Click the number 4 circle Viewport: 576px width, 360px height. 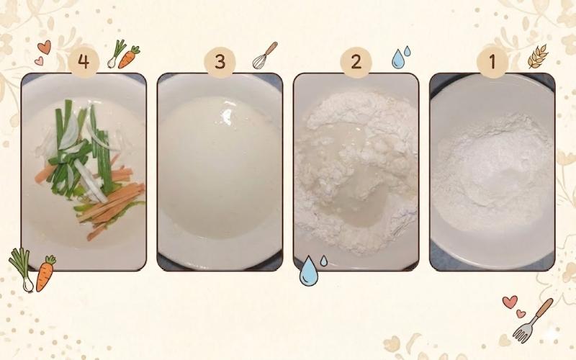click(x=84, y=62)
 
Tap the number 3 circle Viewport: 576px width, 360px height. click(x=220, y=62)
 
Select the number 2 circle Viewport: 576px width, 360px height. click(x=356, y=62)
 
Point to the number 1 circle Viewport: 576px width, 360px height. click(x=492, y=62)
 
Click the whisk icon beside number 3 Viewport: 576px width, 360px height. click(x=264, y=55)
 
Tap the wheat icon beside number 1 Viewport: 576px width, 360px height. click(x=538, y=56)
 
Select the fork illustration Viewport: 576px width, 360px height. click(x=533, y=320)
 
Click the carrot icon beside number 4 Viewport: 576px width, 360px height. click(x=129, y=58)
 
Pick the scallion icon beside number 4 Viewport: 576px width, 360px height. click(x=116, y=53)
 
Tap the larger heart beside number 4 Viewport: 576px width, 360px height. click(x=44, y=48)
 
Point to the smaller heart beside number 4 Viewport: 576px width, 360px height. click(x=39, y=61)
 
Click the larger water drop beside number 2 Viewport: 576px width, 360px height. click(x=397, y=59)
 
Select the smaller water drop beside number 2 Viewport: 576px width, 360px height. click(x=407, y=51)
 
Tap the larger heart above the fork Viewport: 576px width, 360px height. click(x=510, y=302)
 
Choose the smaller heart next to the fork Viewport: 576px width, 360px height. click(x=521, y=314)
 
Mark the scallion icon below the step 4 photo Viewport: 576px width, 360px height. click(x=22, y=269)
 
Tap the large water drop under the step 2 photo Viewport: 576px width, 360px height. click(x=308, y=271)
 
